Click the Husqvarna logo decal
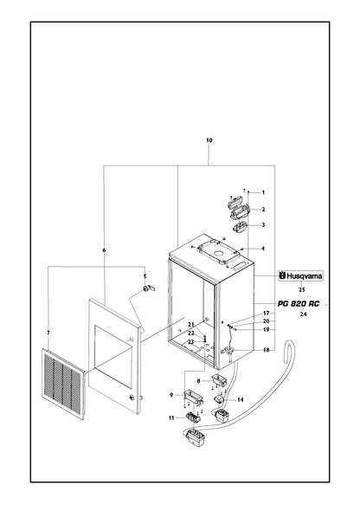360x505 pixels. (x=301, y=276)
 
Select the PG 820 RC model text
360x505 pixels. (x=299, y=304)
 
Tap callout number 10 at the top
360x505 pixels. (x=209, y=140)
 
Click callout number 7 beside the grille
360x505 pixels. (x=48, y=333)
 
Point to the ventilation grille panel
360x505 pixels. (x=63, y=379)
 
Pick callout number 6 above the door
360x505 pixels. (x=104, y=250)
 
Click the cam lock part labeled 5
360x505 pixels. (x=149, y=289)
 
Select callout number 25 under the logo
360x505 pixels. (x=301, y=290)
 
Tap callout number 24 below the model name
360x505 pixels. (x=304, y=314)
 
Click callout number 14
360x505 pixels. (x=241, y=399)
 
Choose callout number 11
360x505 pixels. (x=171, y=418)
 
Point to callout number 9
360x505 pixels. (x=171, y=395)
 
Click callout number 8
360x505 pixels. (x=198, y=380)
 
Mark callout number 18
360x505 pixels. (x=266, y=350)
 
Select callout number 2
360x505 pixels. (x=263, y=210)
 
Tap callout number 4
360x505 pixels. (x=263, y=249)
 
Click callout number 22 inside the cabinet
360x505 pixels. (x=191, y=333)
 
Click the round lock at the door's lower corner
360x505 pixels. (x=132, y=397)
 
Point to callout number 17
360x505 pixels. (x=266, y=313)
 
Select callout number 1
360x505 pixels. (x=263, y=192)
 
